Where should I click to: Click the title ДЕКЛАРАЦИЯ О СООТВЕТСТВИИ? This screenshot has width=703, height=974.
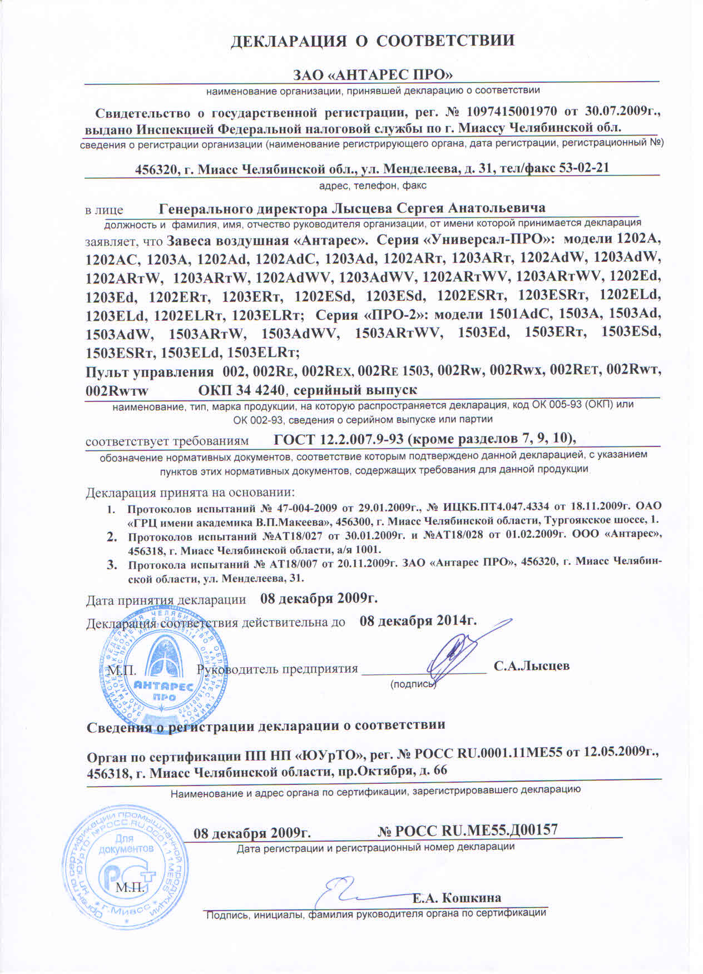372,41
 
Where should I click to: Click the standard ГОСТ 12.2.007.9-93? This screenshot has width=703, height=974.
339,439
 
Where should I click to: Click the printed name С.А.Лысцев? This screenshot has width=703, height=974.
531,665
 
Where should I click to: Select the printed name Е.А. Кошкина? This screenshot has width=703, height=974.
457,898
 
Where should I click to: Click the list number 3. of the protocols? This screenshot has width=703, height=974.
111,565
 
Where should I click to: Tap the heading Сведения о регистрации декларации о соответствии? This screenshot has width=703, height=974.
266,725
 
